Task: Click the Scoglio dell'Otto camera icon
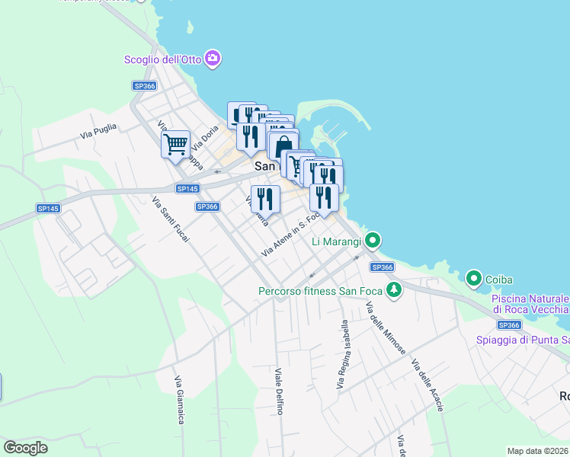(x=213, y=59)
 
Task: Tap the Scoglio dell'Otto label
(x=162, y=59)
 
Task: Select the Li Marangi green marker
(x=372, y=242)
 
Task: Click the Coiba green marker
(x=473, y=280)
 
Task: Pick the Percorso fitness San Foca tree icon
(x=393, y=290)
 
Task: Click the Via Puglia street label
(x=98, y=131)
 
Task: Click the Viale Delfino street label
(x=279, y=391)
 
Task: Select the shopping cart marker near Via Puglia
(x=176, y=143)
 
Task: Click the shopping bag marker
(x=283, y=145)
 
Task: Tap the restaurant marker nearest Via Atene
(x=265, y=199)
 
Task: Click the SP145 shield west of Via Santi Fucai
(x=47, y=208)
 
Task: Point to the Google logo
(x=26, y=448)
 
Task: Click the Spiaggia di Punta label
(x=522, y=340)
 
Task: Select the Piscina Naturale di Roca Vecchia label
(x=530, y=304)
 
